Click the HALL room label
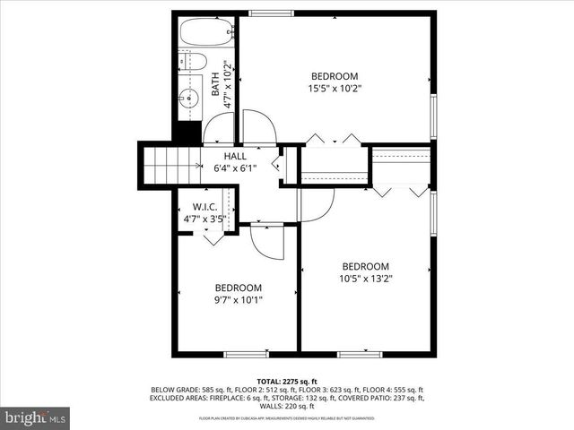(235, 156)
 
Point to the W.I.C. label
(205, 207)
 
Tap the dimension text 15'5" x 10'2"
(335, 89)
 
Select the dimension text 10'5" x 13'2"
(366, 279)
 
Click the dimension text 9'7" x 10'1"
(238, 300)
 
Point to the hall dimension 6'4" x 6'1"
(235, 168)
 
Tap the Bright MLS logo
(36, 417)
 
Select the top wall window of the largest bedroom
(263, 13)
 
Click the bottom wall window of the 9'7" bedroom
(246, 355)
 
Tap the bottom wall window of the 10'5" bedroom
(360, 355)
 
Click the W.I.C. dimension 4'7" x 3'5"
(205, 218)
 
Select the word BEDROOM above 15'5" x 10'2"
(335, 76)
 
